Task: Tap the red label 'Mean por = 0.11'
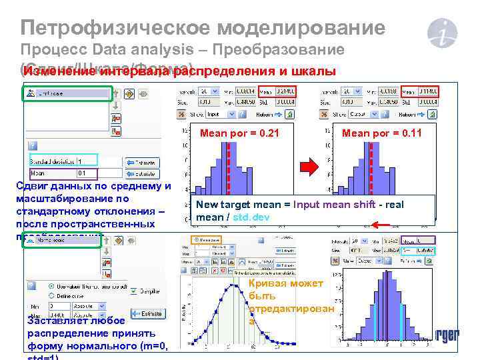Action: (x=381, y=133)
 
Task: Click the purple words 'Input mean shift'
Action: (x=331, y=205)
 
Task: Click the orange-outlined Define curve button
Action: (x=207, y=238)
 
